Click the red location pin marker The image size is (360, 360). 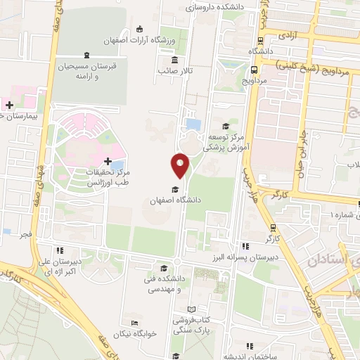180,165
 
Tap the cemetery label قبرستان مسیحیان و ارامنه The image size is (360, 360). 86,72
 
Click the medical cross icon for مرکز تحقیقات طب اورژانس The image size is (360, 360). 107,162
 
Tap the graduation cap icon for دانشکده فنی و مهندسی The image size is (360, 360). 163,268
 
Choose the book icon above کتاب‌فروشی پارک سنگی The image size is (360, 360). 192,309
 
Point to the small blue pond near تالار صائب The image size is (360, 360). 192,124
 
